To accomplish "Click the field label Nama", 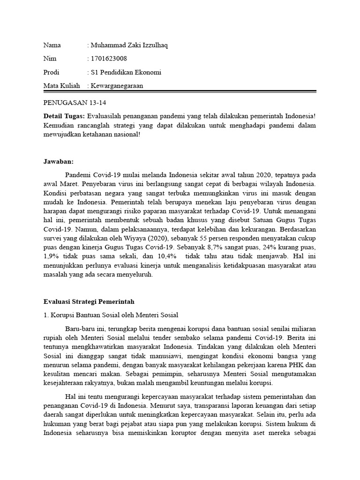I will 52,45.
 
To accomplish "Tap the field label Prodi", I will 52,72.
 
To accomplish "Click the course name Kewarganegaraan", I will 117,86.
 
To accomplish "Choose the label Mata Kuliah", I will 62,86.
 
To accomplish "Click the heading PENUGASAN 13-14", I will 71,103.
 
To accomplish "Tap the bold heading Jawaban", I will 58,161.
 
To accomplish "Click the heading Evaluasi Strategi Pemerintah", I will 89,301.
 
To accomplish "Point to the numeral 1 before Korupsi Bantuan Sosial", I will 45,315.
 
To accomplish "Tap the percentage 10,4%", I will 167,256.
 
